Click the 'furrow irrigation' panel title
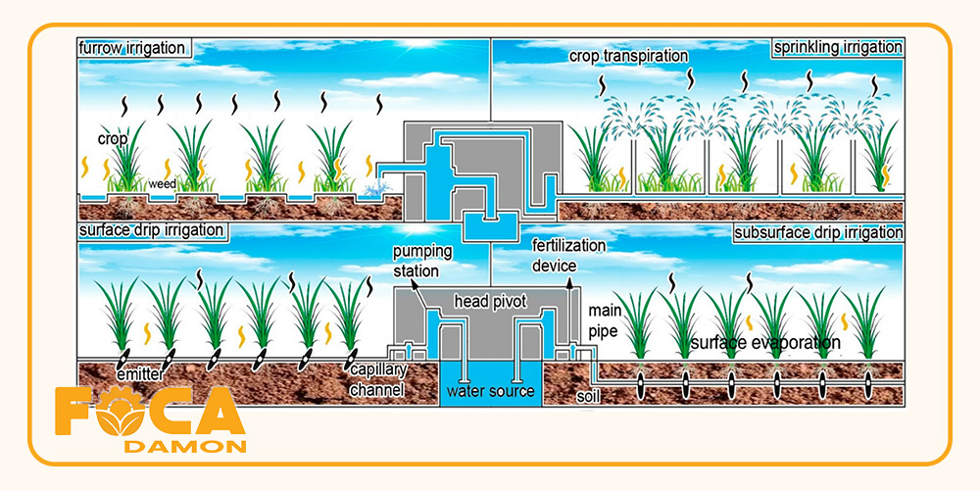click(134, 49)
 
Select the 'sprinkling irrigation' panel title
click(837, 47)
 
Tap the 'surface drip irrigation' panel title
click(151, 230)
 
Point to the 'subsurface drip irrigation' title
click(818, 232)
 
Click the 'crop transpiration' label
click(628, 56)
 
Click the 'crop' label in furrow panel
click(112, 139)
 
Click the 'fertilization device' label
click(568, 254)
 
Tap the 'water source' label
click(490, 392)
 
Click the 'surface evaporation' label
click(765, 342)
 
